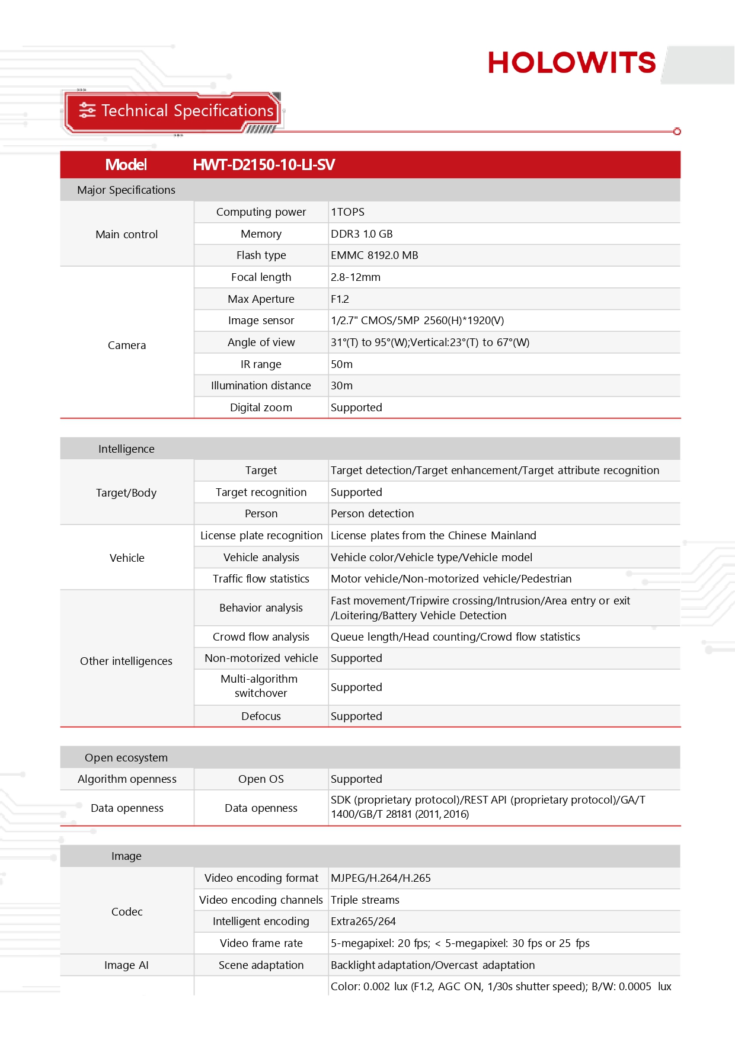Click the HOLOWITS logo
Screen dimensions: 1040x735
pyautogui.click(x=571, y=63)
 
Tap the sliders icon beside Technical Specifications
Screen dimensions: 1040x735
pyautogui.click(x=87, y=110)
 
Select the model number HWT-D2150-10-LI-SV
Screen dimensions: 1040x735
pyautogui.click(x=264, y=165)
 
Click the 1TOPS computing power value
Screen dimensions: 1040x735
pyautogui.click(x=348, y=212)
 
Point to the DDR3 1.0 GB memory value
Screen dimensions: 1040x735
pyautogui.click(x=362, y=234)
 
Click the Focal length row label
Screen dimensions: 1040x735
pyautogui.click(x=261, y=277)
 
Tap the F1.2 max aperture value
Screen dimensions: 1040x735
pyautogui.click(x=340, y=299)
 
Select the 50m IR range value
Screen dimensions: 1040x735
pyautogui.click(x=341, y=364)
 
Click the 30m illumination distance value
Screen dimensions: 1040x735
pyautogui.click(x=341, y=386)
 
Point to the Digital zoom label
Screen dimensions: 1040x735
pyautogui.click(x=261, y=408)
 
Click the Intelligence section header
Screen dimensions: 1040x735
pyautogui.click(x=126, y=449)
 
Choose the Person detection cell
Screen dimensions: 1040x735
pyautogui.click(x=372, y=514)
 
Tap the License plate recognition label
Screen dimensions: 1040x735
pyautogui.click(x=261, y=536)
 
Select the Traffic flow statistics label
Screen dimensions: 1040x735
pyautogui.click(x=261, y=579)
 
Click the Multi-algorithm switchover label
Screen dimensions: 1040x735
pyautogui.click(x=260, y=686)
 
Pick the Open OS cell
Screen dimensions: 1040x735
pyautogui.click(x=261, y=779)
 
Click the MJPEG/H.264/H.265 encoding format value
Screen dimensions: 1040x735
pyautogui.click(x=381, y=878)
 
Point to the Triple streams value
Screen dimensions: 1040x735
pyautogui.click(x=365, y=900)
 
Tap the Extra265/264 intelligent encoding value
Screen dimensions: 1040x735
pyautogui.click(x=363, y=921)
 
